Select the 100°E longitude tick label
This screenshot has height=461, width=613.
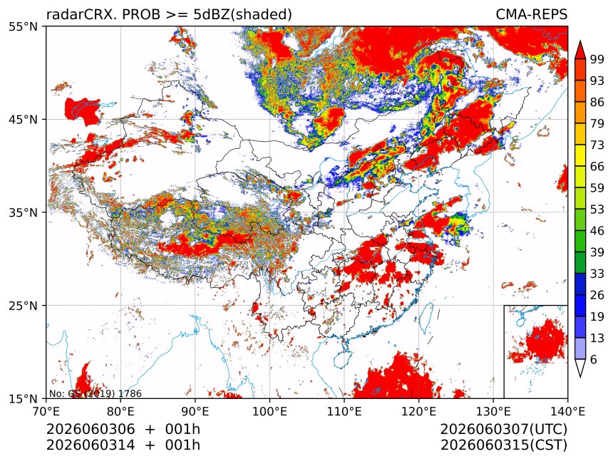click(269, 411)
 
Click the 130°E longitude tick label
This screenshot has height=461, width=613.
click(493, 411)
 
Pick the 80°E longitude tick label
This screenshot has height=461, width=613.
click(120, 411)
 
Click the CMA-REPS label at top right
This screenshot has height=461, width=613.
click(531, 14)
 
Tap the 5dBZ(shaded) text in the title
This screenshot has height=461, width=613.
click(242, 15)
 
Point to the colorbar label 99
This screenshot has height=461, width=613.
click(597, 60)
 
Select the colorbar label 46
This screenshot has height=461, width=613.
click(597, 231)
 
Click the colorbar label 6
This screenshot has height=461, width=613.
click(594, 359)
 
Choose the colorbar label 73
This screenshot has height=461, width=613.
click(597, 145)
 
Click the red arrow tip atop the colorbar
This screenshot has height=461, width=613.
click(580, 41)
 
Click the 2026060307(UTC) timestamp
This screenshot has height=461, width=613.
click(503, 429)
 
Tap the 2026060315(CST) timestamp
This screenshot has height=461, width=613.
click(503, 445)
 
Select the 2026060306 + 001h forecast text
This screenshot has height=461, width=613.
click(123, 429)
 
